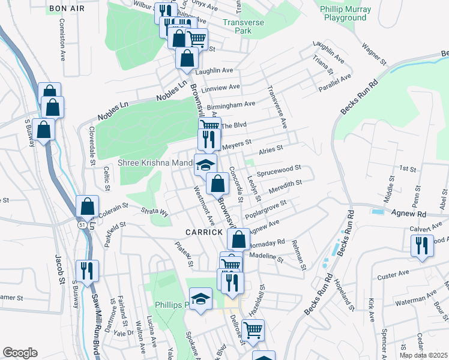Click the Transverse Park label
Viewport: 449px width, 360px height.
[244, 25]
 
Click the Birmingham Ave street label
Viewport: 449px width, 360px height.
[231, 104]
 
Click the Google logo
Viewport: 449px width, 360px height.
[20, 353]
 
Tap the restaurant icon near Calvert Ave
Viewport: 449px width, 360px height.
[421, 245]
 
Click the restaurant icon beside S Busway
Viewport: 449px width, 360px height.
[88, 270]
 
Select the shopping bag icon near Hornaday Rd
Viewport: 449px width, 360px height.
[238, 239]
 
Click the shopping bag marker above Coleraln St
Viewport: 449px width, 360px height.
[87, 205]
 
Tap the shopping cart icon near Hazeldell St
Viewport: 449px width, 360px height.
[253, 329]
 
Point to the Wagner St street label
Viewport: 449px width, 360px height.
[373, 54]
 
